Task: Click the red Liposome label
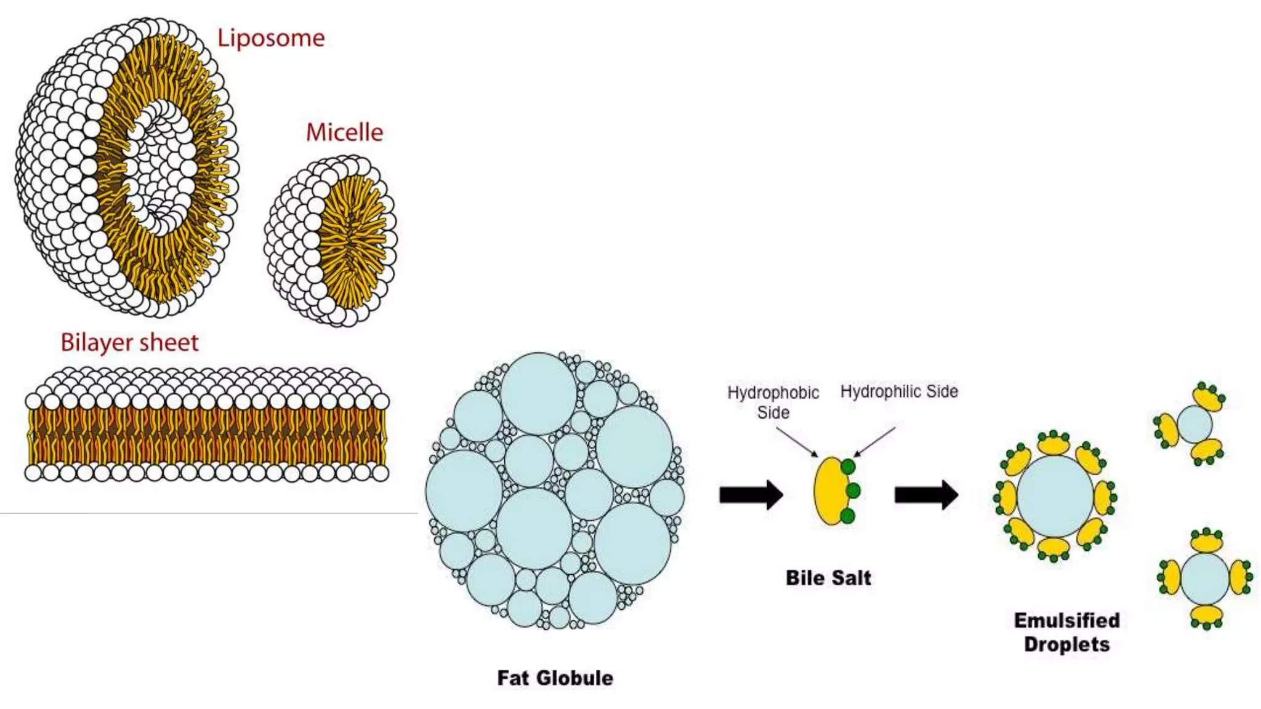[271, 38]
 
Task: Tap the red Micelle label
[344, 132]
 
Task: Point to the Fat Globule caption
[555, 678]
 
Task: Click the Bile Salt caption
[828, 578]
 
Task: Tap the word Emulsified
[1066, 620]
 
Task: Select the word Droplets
[1066, 644]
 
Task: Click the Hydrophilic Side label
[899, 391]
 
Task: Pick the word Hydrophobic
[773, 393]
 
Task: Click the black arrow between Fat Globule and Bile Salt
[751, 494]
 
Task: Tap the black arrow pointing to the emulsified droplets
[925, 494]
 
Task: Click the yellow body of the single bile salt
[829, 491]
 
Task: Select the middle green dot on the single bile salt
[853, 491]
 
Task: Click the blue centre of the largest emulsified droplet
[1054, 496]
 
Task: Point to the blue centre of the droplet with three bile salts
[1195, 424]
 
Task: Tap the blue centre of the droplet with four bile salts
[1205, 579]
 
